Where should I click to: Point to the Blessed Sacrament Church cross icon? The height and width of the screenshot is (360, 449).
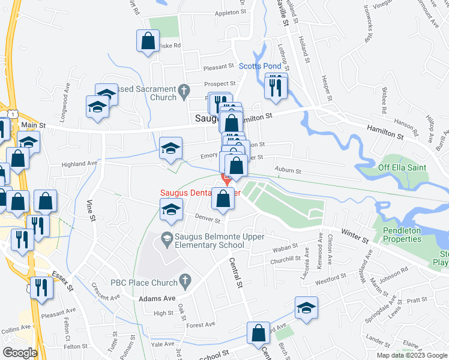[185, 91]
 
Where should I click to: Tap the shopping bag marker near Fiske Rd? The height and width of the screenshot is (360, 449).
[148, 41]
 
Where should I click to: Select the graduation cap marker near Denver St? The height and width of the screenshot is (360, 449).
[171, 209]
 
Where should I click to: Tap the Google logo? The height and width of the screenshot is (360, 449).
[20, 352]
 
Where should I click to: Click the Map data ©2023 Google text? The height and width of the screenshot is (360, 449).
[412, 355]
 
